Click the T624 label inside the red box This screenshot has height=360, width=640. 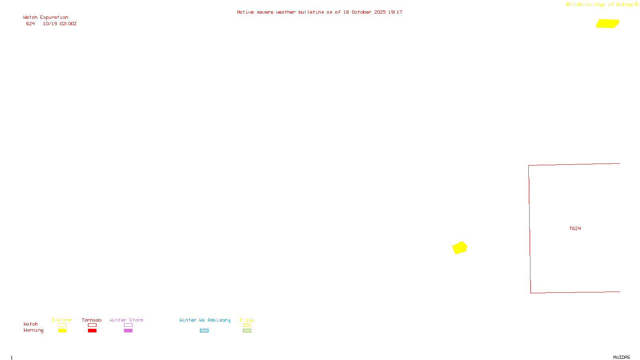pos(575,229)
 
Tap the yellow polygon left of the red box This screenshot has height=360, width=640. pos(460,248)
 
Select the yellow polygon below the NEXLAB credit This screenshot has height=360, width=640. pos(607,24)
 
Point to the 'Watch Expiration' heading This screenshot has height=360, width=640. pos(46,18)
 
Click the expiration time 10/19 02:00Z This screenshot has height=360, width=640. pos(60,24)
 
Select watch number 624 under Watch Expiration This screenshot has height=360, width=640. pos(30,24)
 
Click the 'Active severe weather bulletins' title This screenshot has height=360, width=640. pos(319,12)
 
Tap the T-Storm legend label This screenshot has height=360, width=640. pos(62,320)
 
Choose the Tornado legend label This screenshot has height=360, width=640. pos(92,320)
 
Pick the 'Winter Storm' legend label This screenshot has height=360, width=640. pos(126,320)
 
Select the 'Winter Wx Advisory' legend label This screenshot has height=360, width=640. pos(205,320)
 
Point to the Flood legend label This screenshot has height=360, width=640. pos(247,320)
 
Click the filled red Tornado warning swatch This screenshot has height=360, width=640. pos(92,331)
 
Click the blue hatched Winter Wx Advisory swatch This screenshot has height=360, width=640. pos(204,331)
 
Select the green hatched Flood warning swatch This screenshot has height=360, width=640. pos(247,331)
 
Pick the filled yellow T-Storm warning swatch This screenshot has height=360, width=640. pos(62,331)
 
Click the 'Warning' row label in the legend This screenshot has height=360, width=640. pos(33,330)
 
